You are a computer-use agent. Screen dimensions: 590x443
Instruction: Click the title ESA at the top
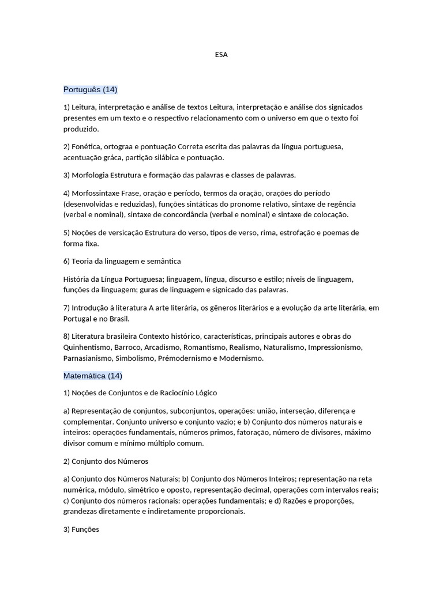[221, 55]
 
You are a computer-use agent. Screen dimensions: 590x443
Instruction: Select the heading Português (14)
[91, 89]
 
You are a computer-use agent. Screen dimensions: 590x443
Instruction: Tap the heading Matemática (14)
[93, 376]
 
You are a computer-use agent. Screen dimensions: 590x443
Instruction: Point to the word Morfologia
[91, 175]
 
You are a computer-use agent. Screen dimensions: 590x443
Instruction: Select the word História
[77, 279]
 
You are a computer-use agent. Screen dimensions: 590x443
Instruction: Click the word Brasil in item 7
[119, 319]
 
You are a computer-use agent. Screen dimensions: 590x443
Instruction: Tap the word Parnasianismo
[88, 358]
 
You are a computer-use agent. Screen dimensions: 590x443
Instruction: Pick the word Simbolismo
[135, 358]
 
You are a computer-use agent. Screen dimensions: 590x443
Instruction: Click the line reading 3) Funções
[81, 529]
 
